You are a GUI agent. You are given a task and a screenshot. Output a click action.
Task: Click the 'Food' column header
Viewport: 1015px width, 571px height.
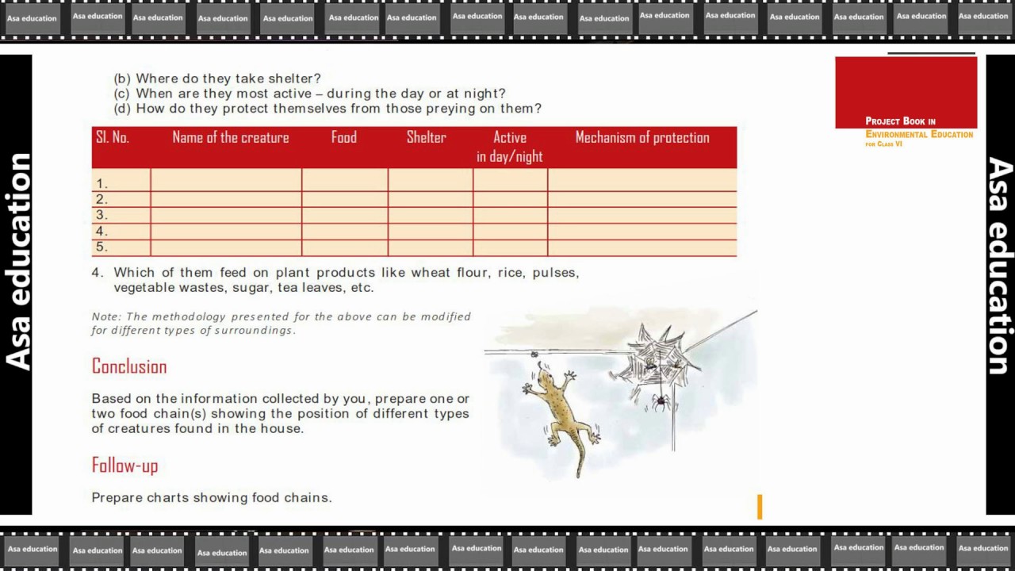[344, 137]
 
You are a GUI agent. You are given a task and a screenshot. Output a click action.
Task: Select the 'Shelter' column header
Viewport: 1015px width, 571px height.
[426, 137]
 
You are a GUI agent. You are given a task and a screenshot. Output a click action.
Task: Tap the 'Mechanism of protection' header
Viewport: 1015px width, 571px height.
[642, 137]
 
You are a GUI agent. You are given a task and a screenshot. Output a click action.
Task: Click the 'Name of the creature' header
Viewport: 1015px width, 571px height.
[231, 137]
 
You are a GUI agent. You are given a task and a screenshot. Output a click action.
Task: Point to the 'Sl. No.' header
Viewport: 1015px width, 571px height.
[113, 137]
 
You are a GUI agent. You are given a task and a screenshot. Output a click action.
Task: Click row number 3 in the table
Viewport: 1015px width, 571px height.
[101, 215]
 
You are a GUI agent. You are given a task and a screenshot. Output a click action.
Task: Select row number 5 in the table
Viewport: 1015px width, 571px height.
[101, 247]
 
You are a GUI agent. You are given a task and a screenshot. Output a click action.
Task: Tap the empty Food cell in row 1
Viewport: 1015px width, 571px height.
[345, 180]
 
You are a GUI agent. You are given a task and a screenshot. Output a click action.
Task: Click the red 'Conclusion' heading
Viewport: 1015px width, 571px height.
[129, 366]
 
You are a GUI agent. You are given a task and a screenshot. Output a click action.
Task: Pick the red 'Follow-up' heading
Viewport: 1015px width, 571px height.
[125, 466]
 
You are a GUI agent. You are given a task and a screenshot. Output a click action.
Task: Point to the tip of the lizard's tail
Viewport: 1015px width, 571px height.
[579, 476]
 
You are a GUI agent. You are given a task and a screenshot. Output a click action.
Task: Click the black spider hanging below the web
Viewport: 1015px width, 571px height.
[661, 401]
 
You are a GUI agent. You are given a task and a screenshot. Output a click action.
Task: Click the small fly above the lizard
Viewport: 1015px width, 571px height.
[534, 354]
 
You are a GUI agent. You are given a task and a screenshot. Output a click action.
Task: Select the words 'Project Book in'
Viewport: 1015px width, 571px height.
[900, 121]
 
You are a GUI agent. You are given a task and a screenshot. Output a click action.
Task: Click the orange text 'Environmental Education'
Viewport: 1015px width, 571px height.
[919, 134]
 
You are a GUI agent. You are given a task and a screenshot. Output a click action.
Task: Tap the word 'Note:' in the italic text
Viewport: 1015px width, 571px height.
[106, 316]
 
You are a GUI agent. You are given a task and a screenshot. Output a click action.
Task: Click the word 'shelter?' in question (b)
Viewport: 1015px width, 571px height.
[294, 79]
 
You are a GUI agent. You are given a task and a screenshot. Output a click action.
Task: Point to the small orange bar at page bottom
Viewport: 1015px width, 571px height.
[760, 507]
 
